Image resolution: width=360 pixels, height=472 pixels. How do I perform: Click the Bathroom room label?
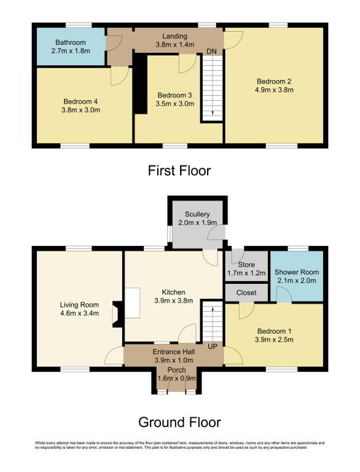pos(71,42)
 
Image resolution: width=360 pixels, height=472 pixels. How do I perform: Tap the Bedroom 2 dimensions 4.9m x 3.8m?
pos(274,90)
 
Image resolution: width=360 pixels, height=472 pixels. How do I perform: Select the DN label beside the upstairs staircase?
pos(211,52)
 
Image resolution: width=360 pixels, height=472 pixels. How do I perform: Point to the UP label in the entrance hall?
pos(213,347)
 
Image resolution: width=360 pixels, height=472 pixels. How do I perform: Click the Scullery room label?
pos(197,214)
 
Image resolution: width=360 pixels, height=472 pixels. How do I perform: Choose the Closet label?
pos(246,293)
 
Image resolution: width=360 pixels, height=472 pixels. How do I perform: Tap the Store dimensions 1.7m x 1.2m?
pos(246,273)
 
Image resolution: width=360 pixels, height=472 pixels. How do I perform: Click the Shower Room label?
pos(297,272)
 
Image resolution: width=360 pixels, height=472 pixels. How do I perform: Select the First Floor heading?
pos(179,170)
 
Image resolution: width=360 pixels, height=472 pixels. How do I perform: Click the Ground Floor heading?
pos(180,422)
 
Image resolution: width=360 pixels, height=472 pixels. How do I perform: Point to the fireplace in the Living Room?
pos(117,314)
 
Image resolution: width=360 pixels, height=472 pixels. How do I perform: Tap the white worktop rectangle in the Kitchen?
pos(133,303)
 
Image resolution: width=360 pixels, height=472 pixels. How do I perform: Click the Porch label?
pos(176,370)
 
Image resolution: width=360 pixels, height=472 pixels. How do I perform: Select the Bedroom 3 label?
pos(174,95)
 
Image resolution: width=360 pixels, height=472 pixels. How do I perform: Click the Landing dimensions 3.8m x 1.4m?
pos(175,44)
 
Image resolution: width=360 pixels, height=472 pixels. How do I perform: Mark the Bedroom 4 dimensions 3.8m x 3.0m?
pos(80,110)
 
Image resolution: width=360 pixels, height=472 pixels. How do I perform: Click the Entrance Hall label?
pos(174,352)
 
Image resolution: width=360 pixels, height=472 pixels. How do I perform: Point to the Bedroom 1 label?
pos(274,331)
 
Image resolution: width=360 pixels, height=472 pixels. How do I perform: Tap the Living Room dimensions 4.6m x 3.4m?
pos(79,313)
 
